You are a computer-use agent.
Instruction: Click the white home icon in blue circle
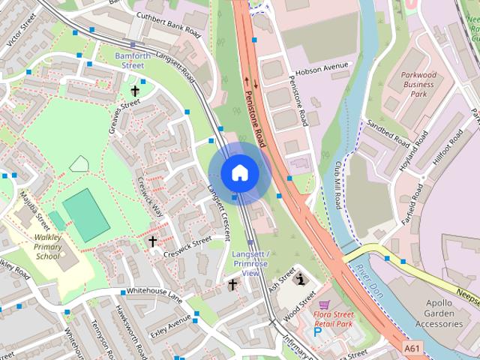(239, 172)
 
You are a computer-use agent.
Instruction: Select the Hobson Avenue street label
(323, 67)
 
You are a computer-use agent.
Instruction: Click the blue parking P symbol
(316, 331)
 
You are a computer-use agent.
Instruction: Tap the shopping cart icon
(324, 304)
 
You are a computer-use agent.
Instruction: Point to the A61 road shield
(412, 349)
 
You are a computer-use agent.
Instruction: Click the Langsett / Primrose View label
(250, 263)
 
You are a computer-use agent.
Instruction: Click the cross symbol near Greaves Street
(135, 91)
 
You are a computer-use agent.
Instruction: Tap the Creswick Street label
(191, 243)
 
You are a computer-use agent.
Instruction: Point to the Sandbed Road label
(388, 133)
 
